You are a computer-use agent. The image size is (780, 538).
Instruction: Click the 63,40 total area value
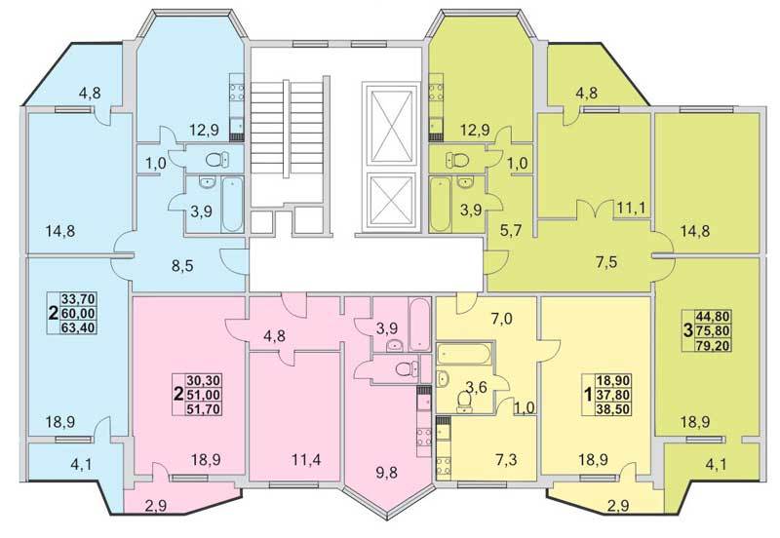[x=79, y=327]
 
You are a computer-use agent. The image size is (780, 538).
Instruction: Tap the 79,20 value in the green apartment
[x=715, y=345]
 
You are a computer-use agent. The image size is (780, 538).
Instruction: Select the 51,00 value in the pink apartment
[x=204, y=395]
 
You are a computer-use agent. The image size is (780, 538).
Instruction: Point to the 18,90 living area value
[x=614, y=381]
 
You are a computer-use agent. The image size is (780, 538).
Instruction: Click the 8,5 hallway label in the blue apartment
[x=181, y=265]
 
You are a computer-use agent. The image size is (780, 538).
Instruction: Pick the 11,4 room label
[x=305, y=460]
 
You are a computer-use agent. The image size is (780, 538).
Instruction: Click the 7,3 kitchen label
[x=505, y=459]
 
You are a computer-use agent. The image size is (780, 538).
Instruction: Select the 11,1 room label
[x=631, y=209]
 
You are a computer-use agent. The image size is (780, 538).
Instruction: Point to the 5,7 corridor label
[x=511, y=230]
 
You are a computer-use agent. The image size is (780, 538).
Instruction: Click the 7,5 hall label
[x=605, y=261]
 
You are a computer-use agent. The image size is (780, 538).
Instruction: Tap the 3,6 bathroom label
[x=476, y=387]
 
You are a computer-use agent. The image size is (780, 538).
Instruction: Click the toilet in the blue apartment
[x=217, y=160]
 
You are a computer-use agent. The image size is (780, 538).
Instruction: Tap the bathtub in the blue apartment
[x=232, y=204]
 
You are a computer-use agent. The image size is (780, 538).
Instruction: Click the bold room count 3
[x=688, y=330]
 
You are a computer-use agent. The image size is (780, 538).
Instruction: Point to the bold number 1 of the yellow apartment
[x=588, y=396]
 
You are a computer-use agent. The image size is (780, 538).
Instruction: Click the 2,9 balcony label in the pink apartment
[x=157, y=506]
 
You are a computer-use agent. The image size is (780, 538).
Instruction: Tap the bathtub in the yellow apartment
[x=465, y=355]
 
